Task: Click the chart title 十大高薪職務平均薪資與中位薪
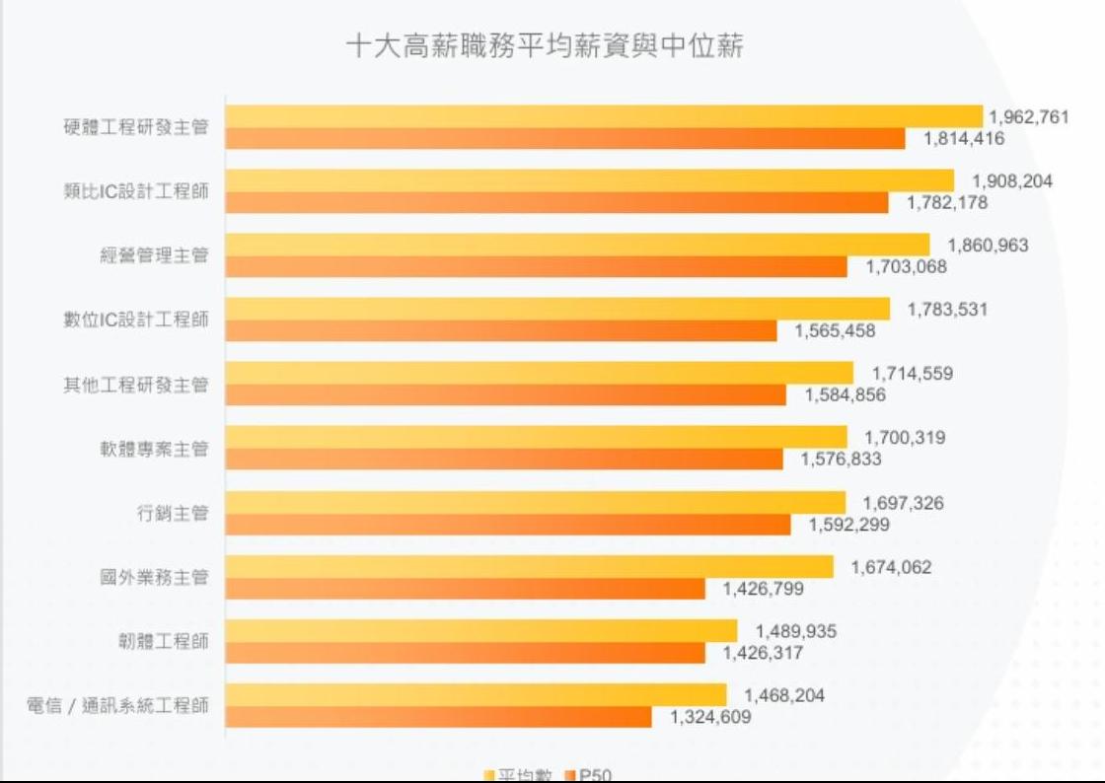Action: click(544, 46)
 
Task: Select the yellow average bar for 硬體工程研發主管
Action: click(604, 116)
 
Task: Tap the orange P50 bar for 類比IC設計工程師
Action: click(556, 203)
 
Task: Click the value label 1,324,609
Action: click(710, 717)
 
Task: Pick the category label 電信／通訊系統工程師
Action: click(117, 706)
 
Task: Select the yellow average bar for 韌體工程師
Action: click(481, 630)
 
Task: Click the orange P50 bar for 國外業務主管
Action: click(466, 589)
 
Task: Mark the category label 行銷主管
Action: click(172, 514)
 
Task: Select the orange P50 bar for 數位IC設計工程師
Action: click(501, 331)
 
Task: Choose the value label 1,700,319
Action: click(905, 438)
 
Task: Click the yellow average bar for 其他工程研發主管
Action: click(539, 373)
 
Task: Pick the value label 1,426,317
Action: click(764, 653)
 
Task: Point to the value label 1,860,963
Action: click(988, 246)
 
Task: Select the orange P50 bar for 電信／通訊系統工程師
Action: click(439, 717)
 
